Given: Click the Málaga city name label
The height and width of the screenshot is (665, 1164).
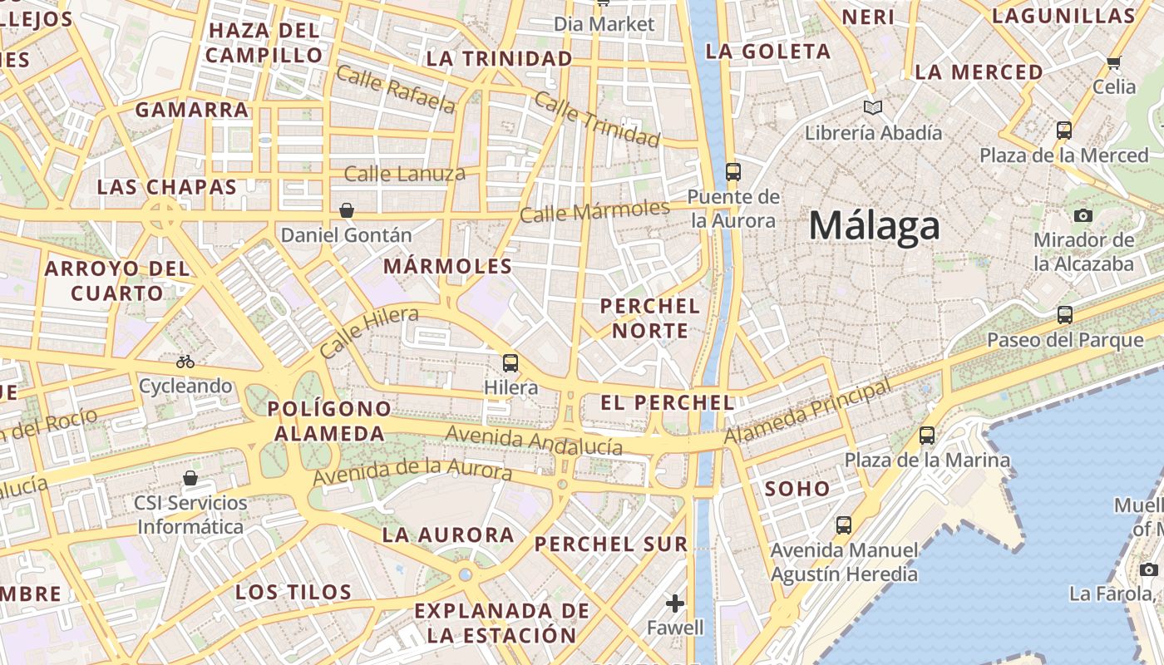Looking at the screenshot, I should click(874, 226).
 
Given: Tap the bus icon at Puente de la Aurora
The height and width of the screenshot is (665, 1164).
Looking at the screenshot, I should click(732, 171).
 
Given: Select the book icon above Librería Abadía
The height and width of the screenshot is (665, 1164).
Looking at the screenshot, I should click(872, 107).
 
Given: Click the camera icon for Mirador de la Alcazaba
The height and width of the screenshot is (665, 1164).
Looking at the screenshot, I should click(1083, 215).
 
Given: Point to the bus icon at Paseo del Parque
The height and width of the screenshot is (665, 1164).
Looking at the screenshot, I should click(1064, 315).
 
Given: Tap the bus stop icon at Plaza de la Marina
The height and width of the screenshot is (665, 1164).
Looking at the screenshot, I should click(926, 435).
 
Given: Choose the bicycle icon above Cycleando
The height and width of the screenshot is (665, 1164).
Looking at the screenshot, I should click(185, 362).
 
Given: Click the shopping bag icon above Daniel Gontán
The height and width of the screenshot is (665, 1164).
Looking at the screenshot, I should click(347, 210).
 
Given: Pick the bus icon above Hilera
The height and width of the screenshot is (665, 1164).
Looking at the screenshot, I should click(510, 363).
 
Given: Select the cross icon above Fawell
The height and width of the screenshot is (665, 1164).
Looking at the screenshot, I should click(675, 603).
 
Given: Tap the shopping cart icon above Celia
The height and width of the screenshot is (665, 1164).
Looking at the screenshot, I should click(1113, 62).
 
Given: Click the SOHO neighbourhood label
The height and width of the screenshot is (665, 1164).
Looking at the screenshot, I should click(797, 489).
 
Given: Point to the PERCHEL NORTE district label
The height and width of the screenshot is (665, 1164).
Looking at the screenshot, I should click(649, 318).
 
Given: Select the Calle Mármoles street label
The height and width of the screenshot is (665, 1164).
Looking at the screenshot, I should click(594, 210).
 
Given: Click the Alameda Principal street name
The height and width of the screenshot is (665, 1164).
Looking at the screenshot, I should click(806, 411).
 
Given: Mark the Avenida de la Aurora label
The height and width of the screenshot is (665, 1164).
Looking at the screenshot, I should click(412, 470).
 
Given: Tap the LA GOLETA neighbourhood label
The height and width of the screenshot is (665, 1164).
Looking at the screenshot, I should click(767, 52).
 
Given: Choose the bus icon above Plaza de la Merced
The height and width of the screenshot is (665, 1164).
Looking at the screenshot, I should click(1063, 131).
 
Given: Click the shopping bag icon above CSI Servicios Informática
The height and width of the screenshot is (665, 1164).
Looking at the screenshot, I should click(190, 478).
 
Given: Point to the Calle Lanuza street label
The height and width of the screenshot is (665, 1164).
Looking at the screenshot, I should click(404, 174).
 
